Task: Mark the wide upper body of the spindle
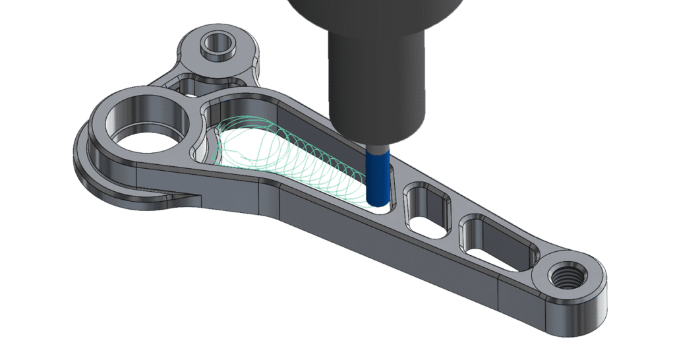coord(369,16)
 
